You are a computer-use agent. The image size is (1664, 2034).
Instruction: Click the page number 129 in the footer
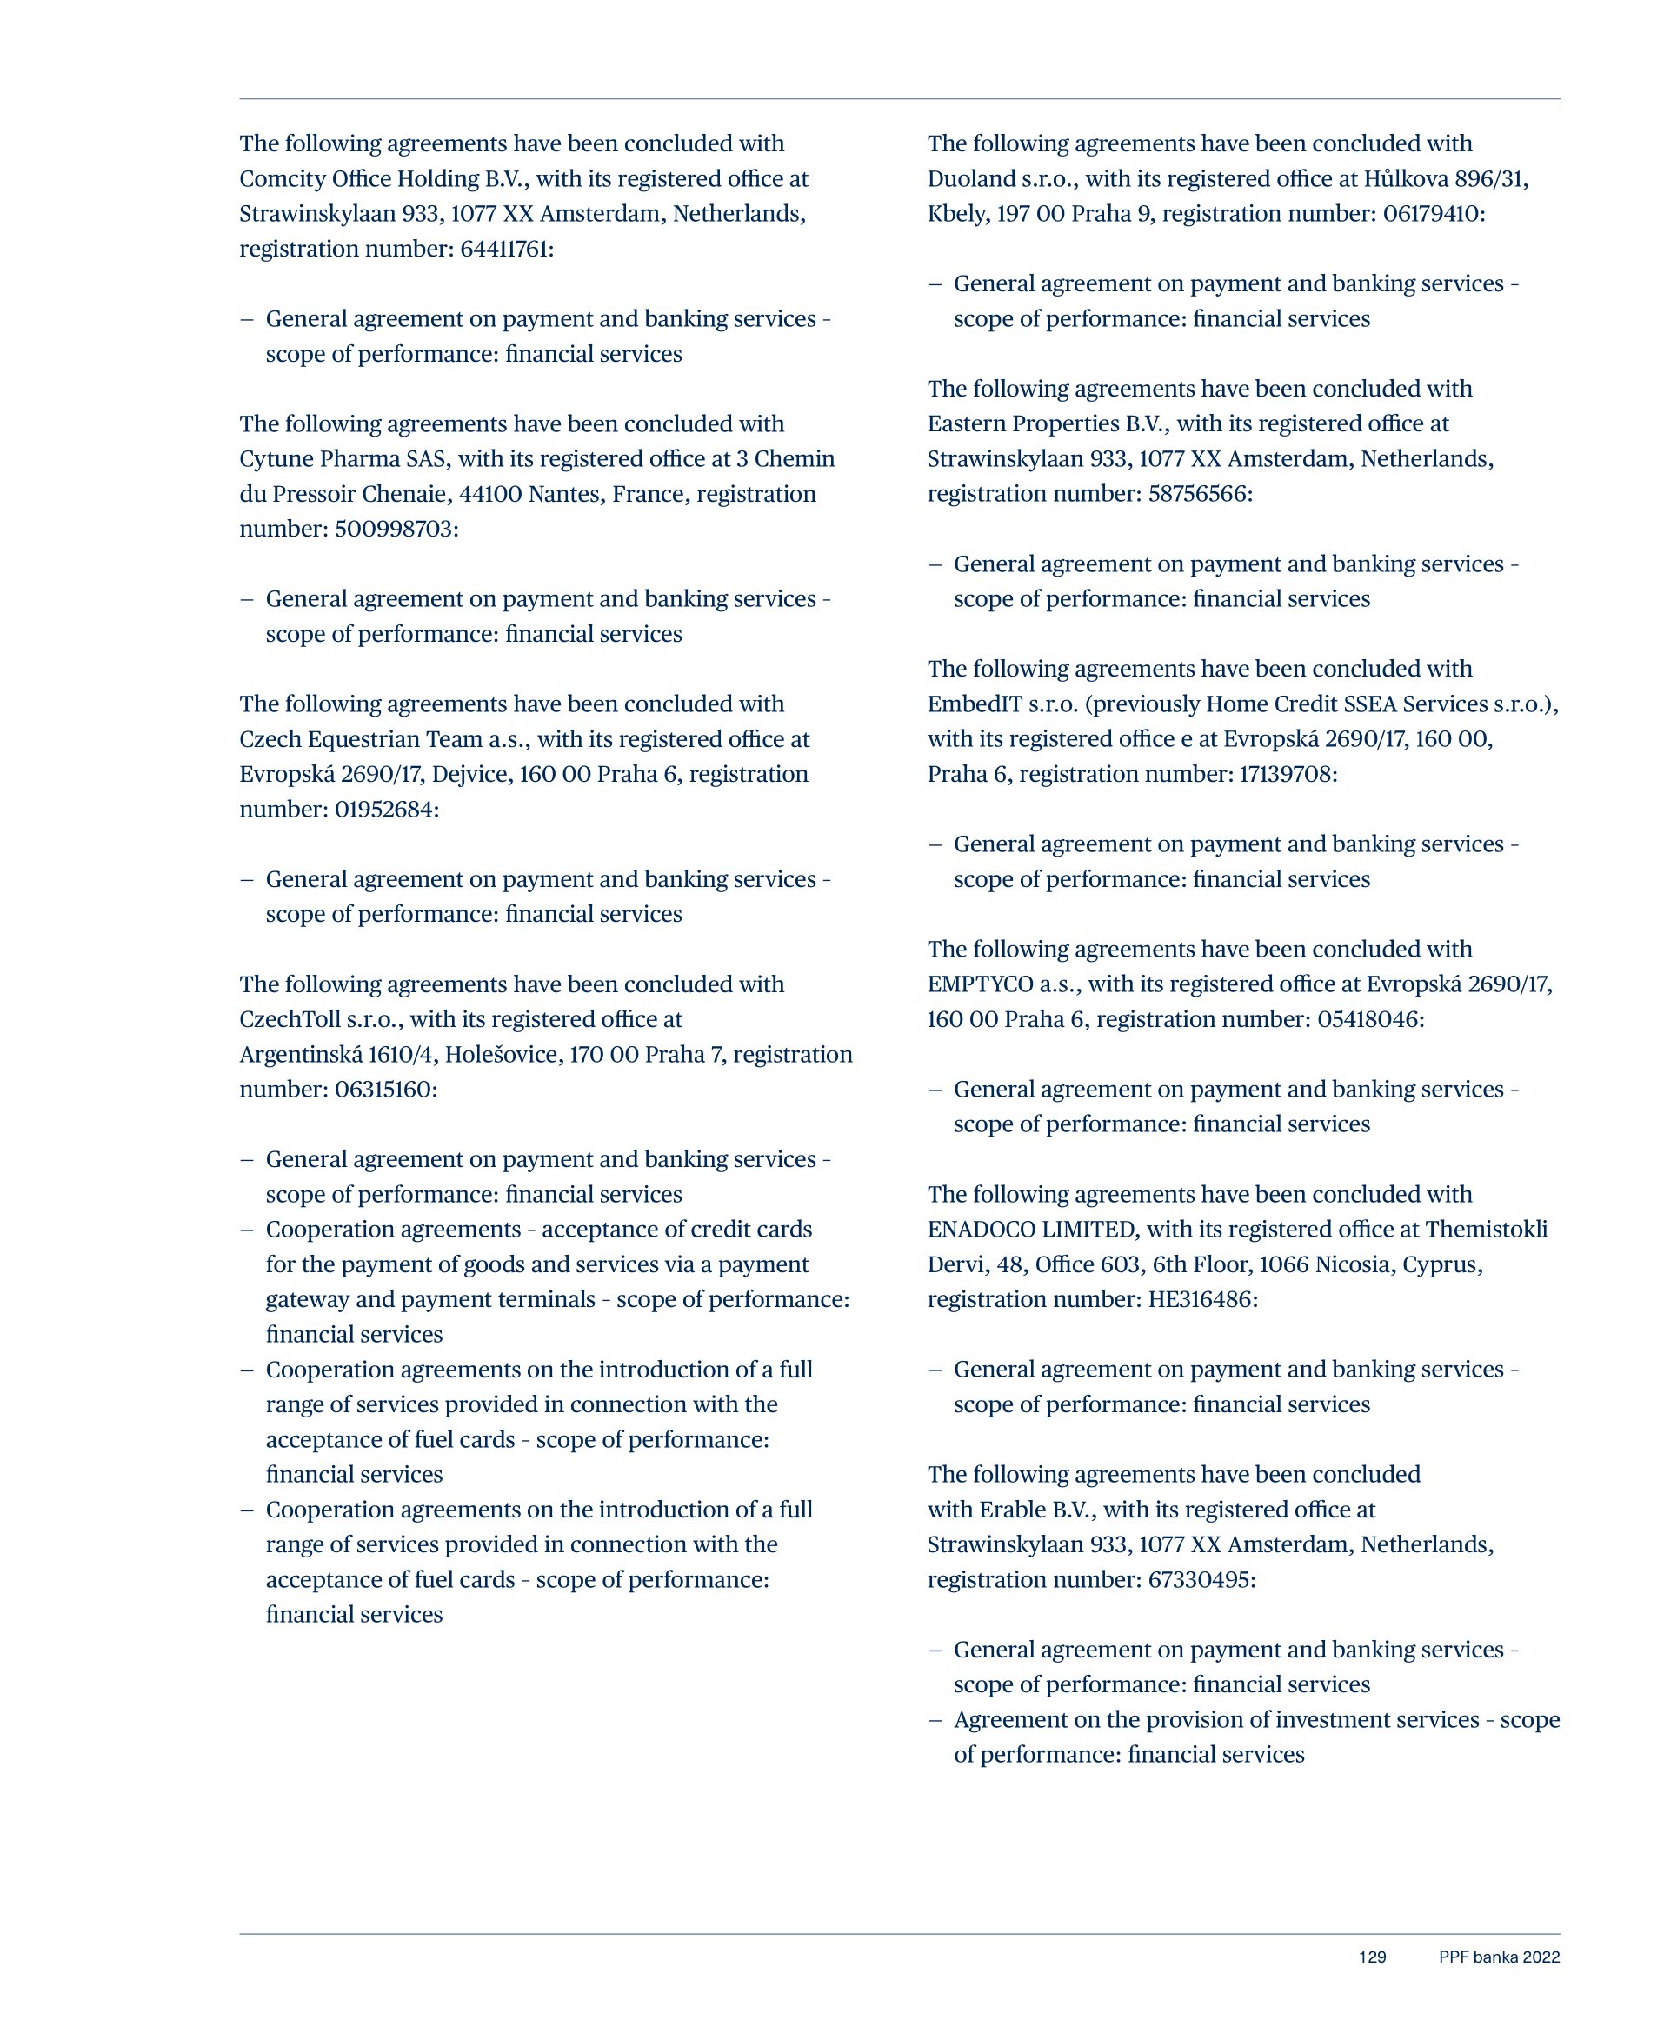(x=1372, y=1957)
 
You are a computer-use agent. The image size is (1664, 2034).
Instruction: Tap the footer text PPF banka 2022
(x=1498, y=1957)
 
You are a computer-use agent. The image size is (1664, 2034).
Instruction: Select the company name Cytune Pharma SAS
(x=343, y=459)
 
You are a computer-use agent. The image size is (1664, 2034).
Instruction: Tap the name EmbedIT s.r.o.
(x=1002, y=704)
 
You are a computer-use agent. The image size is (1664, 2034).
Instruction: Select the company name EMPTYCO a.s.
(x=1002, y=984)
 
